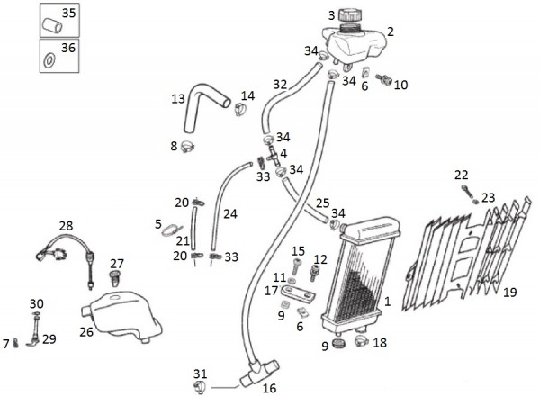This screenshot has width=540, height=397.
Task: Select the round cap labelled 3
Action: tap(349, 17)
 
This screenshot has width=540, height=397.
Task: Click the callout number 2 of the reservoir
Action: tap(391, 32)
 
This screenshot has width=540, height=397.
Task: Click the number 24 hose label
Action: tap(230, 214)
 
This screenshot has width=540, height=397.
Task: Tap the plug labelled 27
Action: tap(116, 280)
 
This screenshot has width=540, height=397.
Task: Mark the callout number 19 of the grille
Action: tap(509, 292)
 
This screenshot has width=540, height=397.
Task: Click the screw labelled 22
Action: tap(466, 190)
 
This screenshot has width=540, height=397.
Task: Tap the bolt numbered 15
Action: tap(298, 266)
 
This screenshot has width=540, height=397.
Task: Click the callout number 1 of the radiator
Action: tap(388, 302)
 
